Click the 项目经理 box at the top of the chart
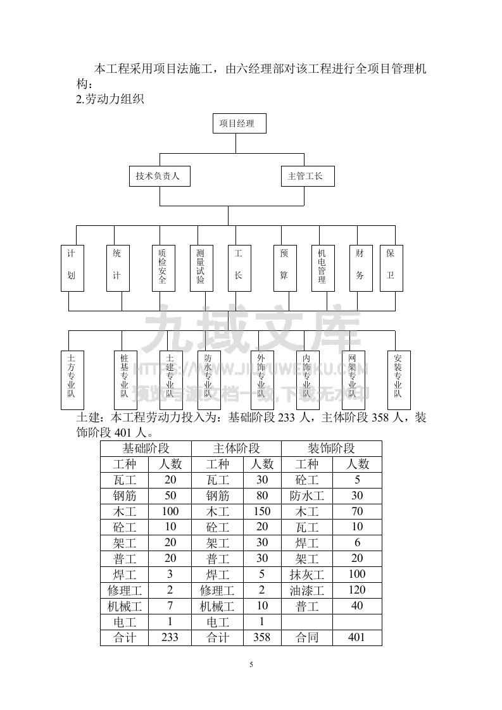(x=239, y=124)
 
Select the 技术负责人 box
(x=158, y=177)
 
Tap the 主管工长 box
(x=308, y=177)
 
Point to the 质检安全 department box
(x=163, y=268)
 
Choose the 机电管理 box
(x=322, y=268)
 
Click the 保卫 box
(x=391, y=268)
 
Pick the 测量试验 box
(x=201, y=268)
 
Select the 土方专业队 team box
(x=72, y=380)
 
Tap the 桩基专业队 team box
(x=125, y=380)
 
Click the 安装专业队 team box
(x=399, y=380)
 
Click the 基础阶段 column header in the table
(x=147, y=449)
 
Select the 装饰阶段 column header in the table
(x=331, y=449)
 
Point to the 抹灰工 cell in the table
(x=307, y=575)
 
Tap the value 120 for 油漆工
(x=357, y=590)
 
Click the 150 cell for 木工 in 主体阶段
(x=261, y=511)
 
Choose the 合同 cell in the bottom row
(x=307, y=637)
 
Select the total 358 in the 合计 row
(x=261, y=637)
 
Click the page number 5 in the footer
(x=251, y=664)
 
